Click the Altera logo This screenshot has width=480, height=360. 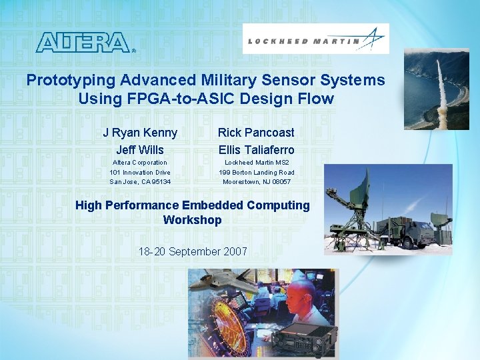pyautogui.click(x=83, y=42)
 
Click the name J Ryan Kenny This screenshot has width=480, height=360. pyautogui.click(x=140, y=133)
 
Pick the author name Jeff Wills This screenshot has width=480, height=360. pyautogui.click(x=140, y=150)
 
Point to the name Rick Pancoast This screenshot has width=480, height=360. pyautogui.click(x=256, y=133)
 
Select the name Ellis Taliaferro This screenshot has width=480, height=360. pyautogui.click(x=256, y=150)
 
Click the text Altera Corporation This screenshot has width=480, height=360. pyautogui.click(x=140, y=163)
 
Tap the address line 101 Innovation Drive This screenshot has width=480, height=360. pyautogui.click(x=140, y=172)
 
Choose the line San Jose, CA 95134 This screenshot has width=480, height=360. pyautogui.click(x=140, y=181)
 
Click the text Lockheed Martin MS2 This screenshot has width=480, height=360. pyautogui.click(x=257, y=163)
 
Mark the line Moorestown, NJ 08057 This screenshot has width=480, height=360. pyautogui.click(x=257, y=181)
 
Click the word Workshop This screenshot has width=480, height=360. pyautogui.click(x=192, y=220)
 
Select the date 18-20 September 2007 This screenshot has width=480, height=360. pyautogui.click(x=192, y=251)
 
